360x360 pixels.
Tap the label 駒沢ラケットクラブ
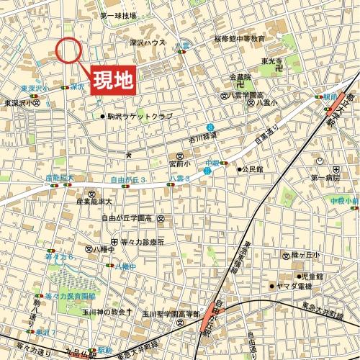coord(140,115)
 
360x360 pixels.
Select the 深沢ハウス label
coord(148,42)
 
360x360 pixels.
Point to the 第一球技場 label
coord(118,15)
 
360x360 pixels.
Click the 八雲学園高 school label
coord(248,94)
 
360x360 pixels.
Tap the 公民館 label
coord(256,170)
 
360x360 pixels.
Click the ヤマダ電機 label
coord(295,286)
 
